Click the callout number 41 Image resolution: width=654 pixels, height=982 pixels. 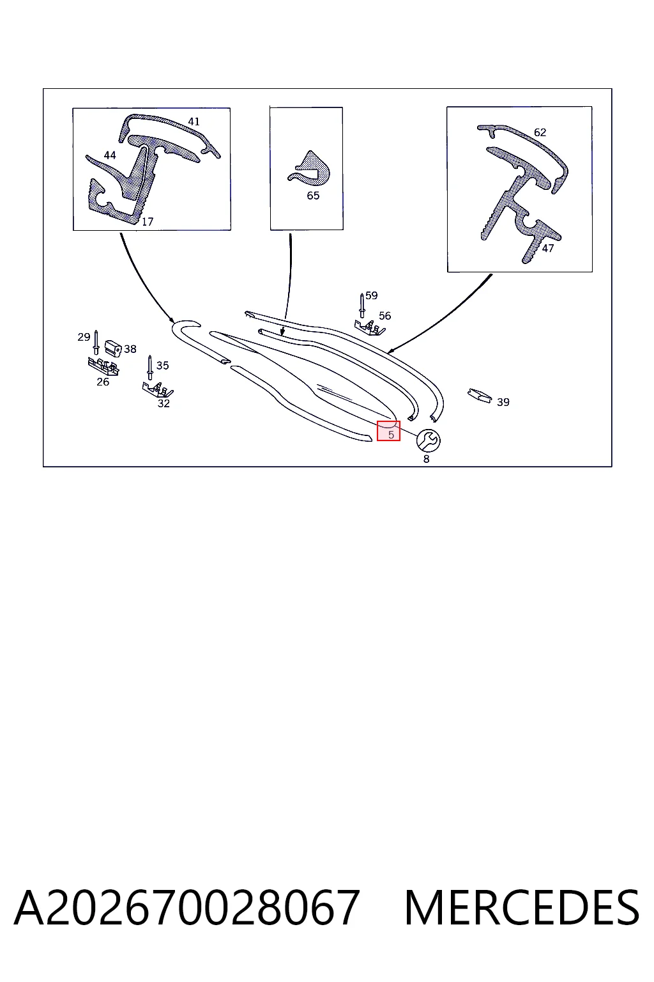(194, 121)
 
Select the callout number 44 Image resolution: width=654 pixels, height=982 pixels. (110, 155)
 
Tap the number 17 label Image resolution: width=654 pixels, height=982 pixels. (148, 222)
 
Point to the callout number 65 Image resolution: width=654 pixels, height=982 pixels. (313, 196)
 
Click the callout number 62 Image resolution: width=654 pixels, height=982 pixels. (540, 132)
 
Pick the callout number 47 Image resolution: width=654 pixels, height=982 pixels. (547, 249)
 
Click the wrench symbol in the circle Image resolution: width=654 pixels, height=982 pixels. (428, 440)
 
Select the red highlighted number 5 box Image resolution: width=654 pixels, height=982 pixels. (388, 431)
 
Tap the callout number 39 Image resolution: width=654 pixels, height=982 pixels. (503, 402)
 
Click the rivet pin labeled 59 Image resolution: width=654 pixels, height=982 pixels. (362, 306)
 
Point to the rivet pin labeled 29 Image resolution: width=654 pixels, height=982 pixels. (96, 343)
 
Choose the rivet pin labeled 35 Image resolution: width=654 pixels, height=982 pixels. (150, 368)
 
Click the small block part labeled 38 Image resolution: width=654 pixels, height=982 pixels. (113, 348)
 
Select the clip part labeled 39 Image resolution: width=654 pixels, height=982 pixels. (480, 395)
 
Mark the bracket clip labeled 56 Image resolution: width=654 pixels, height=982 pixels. (369, 327)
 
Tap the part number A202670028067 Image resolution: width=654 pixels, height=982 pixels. (187, 907)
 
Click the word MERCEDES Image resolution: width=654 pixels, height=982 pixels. (522, 907)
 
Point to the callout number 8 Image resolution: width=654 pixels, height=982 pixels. (426, 459)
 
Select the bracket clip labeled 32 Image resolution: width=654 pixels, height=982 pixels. (158, 389)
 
